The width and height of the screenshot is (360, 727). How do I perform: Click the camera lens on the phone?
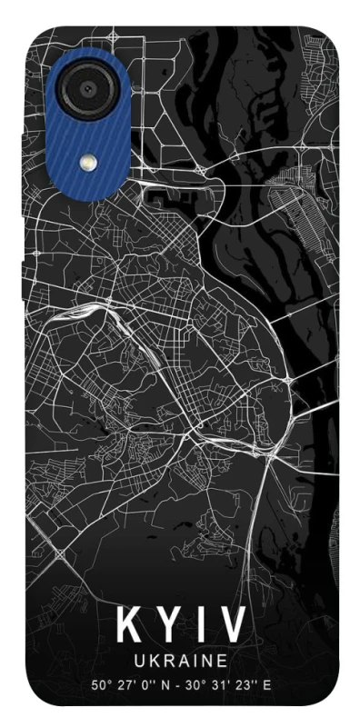(87, 87)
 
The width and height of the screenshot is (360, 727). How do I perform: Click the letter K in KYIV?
(131, 626)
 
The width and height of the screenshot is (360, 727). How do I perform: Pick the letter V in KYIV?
(232, 626)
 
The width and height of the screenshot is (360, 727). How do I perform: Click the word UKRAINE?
(181, 661)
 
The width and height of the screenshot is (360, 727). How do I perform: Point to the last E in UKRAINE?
(222, 661)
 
